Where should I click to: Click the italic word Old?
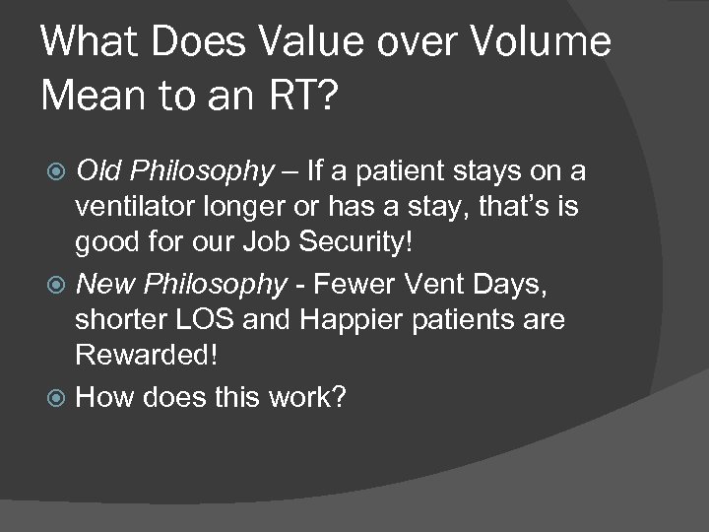click(x=100, y=172)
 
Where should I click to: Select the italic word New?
click(x=104, y=285)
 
